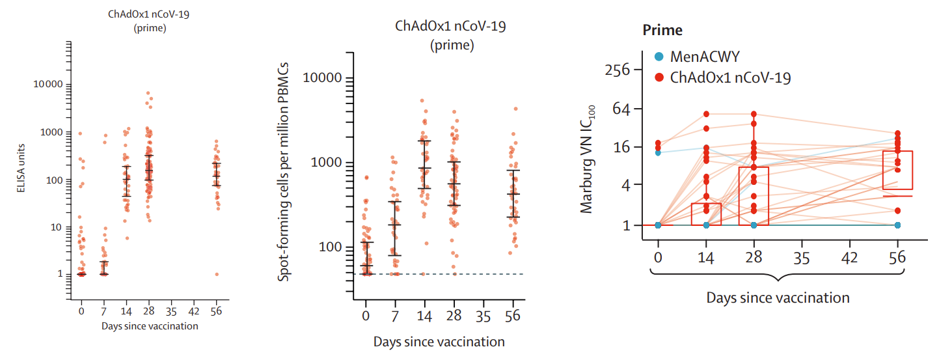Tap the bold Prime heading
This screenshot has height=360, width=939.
(x=662, y=30)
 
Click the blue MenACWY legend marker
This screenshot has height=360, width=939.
(x=659, y=57)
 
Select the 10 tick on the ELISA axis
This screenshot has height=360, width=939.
(x=56, y=227)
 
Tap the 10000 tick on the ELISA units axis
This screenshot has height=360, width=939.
(x=48, y=85)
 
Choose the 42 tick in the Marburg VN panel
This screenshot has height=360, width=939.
(x=849, y=257)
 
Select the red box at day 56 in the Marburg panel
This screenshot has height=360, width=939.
(x=898, y=171)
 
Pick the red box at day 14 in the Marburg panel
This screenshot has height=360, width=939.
(x=707, y=214)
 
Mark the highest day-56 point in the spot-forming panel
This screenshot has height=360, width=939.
(x=515, y=109)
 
